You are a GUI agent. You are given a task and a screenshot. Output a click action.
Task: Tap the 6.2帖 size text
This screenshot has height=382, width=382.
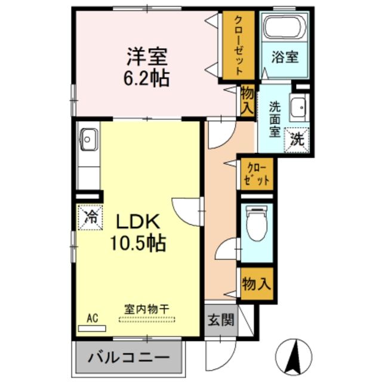point(146,78)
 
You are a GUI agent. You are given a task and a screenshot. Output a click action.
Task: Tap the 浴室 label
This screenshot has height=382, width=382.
point(285,58)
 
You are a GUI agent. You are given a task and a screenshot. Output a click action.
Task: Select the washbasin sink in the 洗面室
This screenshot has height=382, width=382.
point(297,107)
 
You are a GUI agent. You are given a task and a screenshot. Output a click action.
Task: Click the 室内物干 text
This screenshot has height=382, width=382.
point(146,309)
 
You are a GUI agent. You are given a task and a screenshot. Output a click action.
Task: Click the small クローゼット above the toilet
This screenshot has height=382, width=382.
point(257,174)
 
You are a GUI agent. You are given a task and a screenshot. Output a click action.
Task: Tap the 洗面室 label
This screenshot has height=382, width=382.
point(275,119)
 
